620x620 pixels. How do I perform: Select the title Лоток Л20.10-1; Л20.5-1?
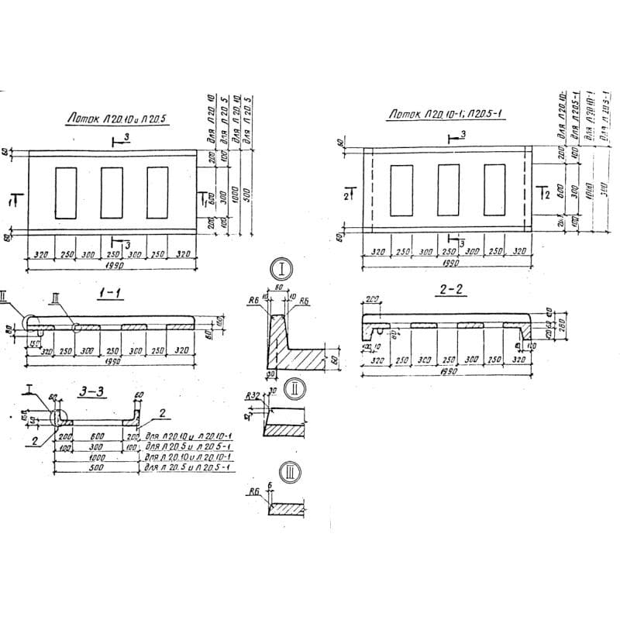(446, 115)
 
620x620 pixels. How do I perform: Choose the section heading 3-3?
(92, 392)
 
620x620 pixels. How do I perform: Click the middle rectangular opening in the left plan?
(112, 191)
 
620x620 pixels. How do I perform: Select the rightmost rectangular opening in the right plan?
(494, 190)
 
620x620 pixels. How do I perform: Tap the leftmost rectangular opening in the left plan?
(66, 191)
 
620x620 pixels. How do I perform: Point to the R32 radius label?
(251, 396)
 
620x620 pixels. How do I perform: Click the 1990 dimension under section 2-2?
(447, 370)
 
